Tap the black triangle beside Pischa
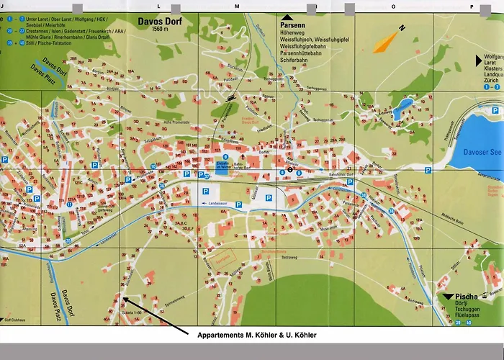point(448,296)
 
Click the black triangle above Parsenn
point(288,16)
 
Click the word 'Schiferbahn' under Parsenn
point(298,61)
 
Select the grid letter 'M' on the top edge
point(236,6)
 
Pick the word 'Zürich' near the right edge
point(492,80)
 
